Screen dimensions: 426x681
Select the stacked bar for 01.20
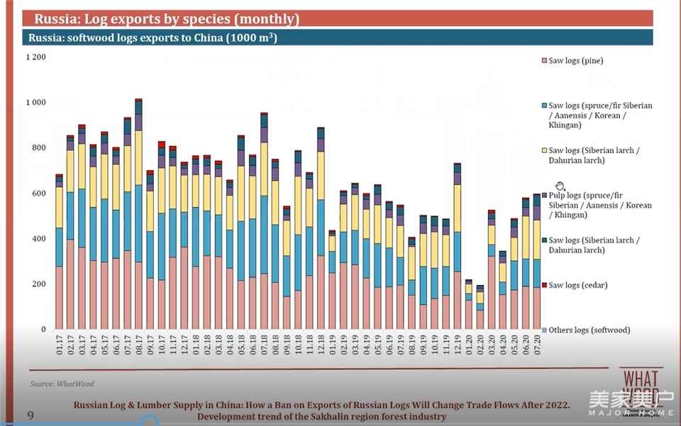[x=468, y=305]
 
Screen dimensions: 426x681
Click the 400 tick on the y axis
[x=38, y=239]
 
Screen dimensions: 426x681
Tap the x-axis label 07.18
[x=264, y=349]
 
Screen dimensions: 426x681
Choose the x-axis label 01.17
[x=60, y=349]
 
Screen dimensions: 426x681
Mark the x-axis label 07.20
[x=537, y=349]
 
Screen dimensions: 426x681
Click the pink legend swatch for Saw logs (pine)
[x=544, y=61]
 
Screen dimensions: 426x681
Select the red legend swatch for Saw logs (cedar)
[x=544, y=285]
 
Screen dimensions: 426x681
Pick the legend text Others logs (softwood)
[x=589, y=330]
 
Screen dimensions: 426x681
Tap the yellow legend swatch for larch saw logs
[x=544, y=150]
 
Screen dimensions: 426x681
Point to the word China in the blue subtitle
[x=200, y=38]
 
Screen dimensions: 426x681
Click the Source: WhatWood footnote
[x=63, y=383]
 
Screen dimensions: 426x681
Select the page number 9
[x=30, y=415]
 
